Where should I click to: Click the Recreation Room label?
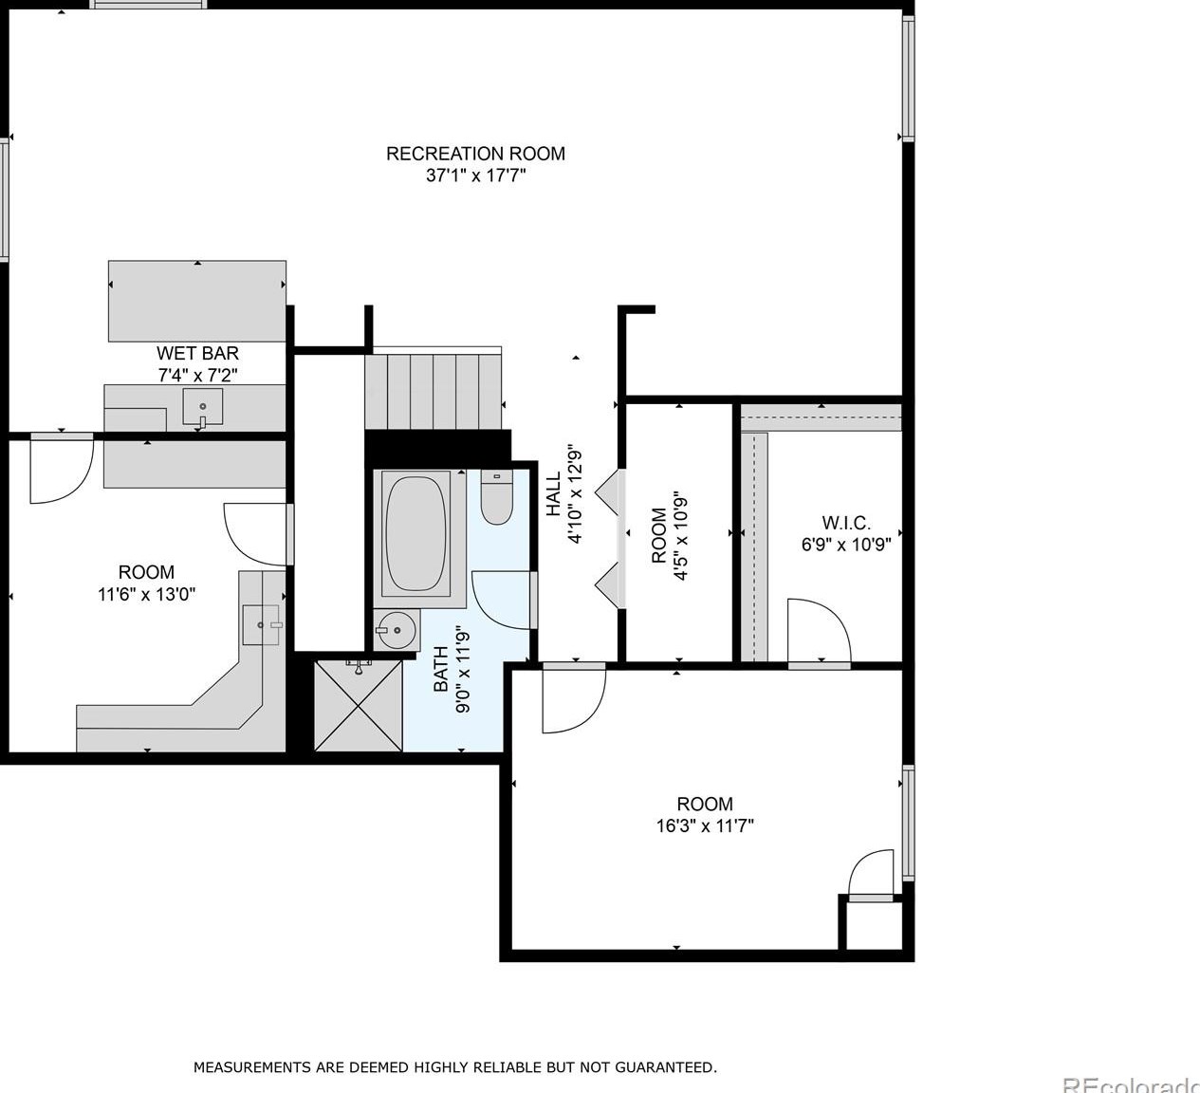click(x=475, y=154)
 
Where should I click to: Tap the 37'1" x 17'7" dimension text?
click(x=475, y=176)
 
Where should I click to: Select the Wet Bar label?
click(x=197, y=353)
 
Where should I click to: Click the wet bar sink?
click(x=203, y=407)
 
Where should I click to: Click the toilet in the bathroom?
click(x=497, y=497)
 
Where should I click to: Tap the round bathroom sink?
click(x=396, y=630)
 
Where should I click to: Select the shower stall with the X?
click(x=359, y=705)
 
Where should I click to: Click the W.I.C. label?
click(x=846, y=523)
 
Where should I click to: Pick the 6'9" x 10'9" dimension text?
click(x=846, y=545)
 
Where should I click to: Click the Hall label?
click(x=554, y=493)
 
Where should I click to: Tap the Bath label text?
click(x=441, y=669)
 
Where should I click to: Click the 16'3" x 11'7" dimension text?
click(x=705, y=826)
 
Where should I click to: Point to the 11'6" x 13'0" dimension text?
click(x=146, y=594)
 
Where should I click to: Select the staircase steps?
click(x=434, y=392)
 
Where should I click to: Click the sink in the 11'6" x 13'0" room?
click(x=261, y=625)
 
